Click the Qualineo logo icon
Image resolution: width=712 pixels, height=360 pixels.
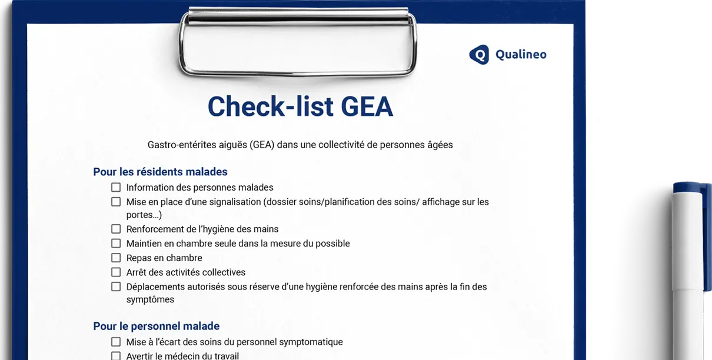(478, 55)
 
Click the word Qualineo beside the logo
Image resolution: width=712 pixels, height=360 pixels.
(520, 55)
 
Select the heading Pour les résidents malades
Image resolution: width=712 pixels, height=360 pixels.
(160, 172)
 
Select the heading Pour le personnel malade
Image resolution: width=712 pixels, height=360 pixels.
(156, 326)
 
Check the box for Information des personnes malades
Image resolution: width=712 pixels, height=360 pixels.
(116, 188)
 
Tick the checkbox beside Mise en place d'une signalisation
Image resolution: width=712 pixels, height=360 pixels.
(116, 202)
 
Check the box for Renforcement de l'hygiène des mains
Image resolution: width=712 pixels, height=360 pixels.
(116, 229)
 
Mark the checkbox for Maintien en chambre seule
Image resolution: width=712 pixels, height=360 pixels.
(116, 244)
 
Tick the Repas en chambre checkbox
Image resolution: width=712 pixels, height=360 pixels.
(116, 258)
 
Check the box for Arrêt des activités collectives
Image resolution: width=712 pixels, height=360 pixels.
(116, 272)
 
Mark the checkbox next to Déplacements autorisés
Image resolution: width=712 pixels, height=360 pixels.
(116, 287)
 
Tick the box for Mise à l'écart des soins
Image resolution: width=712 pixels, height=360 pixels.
(116, 342)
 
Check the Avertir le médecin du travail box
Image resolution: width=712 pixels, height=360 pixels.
(116, 356)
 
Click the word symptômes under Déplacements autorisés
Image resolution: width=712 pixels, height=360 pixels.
(150, 299)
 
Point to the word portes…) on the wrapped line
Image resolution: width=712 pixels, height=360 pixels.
(144, 215)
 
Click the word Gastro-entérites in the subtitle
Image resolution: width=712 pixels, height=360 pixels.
(181, 144)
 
